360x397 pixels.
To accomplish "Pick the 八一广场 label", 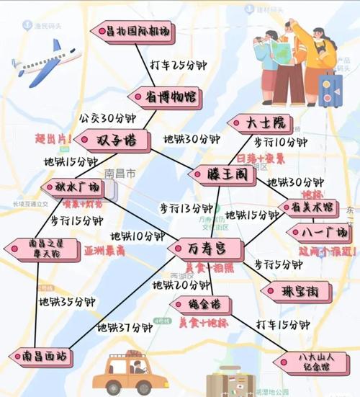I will [x=320, y=233].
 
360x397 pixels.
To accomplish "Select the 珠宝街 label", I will [x=296, y=291].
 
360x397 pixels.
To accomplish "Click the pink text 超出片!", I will [x=51, y=137].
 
